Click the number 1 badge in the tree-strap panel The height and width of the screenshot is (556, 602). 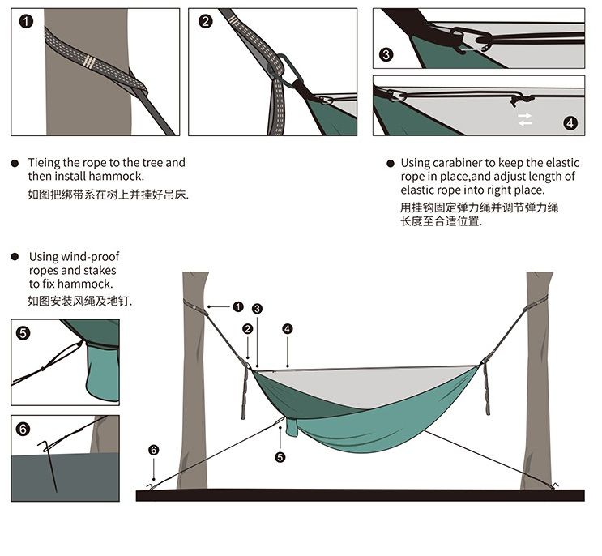[27, 22]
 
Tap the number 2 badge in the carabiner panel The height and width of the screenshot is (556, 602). [205, 22]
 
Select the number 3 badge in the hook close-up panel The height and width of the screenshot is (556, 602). [386, 54]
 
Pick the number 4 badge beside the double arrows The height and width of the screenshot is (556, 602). [570, 122]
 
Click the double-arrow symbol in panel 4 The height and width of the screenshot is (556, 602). [525, 119]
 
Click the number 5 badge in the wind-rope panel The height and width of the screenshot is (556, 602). [23, 332]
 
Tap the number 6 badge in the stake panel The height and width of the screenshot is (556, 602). [23, 429]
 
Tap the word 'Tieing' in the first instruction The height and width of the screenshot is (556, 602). [44, 163]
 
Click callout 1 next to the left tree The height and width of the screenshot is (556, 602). [238, 306]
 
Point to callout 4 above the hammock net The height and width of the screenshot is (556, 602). [287, 328]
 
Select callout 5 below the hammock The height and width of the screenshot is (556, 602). [280, 457]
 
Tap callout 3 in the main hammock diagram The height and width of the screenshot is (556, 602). [257, 309]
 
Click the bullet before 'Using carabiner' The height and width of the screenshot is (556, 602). [391, 163]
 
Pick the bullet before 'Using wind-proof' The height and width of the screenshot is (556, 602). [15, 256]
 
